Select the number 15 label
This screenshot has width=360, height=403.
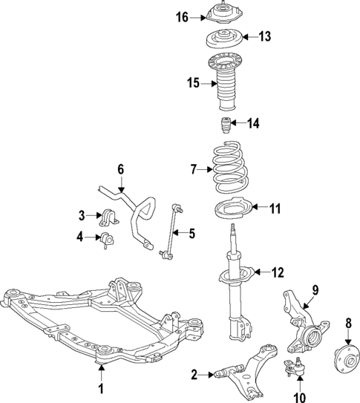(x=193, y=83)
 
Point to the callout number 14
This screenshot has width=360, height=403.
(x=254, y=123)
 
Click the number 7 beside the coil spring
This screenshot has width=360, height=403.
(x=194, y=170)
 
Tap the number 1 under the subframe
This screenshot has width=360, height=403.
(x=102, y=387)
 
